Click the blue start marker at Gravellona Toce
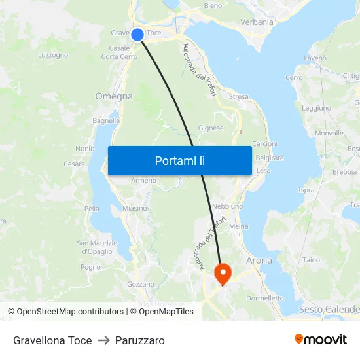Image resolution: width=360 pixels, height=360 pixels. click(x=137, y=34)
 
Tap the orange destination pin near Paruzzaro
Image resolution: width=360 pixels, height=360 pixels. click(x=223, y=272)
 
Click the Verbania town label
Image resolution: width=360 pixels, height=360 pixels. click(x=257, y=22)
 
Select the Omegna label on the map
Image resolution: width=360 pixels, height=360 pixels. click(x=114, y=96)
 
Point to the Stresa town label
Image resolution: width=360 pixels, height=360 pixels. click(x=238, y=97)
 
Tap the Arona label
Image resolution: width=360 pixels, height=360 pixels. click(x=259, y=260)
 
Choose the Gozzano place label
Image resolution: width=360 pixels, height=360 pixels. click(x=140, y=284)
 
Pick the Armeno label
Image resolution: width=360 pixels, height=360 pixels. click(x=143, y=180)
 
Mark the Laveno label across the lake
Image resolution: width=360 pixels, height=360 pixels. click(x=315, y=58)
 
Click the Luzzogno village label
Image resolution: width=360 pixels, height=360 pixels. click(x=53, y=55)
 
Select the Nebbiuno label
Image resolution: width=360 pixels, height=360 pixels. click(x=228, y=206)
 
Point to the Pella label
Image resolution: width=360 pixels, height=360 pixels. click(x=92, y=209)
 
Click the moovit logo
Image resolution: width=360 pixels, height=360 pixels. click(x=321, y=339)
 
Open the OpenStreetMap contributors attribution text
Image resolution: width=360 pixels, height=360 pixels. click(x=65, y=312)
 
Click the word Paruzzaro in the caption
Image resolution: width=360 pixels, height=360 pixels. click(x=140, y=340)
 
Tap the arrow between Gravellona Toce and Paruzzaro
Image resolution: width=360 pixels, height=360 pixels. click(x=103, y=340)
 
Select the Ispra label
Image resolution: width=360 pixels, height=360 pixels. click(x=306, y=190)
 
